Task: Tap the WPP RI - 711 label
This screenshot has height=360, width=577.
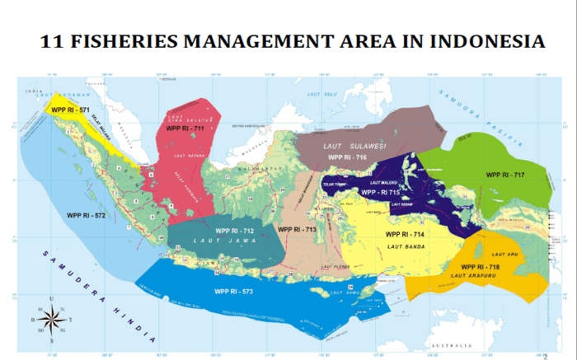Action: (185, 129)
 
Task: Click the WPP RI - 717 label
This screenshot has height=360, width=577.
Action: (505, 175)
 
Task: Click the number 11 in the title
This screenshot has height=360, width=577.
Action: (55, 41)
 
